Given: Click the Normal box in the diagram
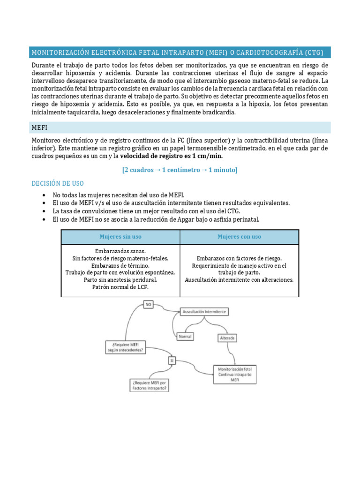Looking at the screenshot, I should click(186, 337).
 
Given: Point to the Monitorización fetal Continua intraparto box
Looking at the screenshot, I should click(235, 375).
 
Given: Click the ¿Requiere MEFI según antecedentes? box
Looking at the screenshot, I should click(125, 347).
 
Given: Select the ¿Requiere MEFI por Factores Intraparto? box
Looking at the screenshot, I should click(150, 385).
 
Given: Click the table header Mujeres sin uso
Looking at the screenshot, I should click(120, 237).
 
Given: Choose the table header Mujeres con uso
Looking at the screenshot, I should click(239, 237).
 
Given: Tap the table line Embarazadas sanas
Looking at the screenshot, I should click(120, 251).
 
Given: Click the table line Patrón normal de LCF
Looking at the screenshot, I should click(120, 287).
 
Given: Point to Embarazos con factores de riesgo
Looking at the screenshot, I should click(239, 258).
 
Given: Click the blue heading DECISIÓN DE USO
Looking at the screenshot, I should click(58, 183).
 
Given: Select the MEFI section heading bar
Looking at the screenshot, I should click(180, 127).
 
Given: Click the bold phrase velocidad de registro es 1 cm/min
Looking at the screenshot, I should click(172, 156).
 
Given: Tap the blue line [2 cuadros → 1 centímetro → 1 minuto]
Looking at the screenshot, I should click(180, 170).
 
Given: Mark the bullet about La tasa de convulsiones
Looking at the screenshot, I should click(147, 211).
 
